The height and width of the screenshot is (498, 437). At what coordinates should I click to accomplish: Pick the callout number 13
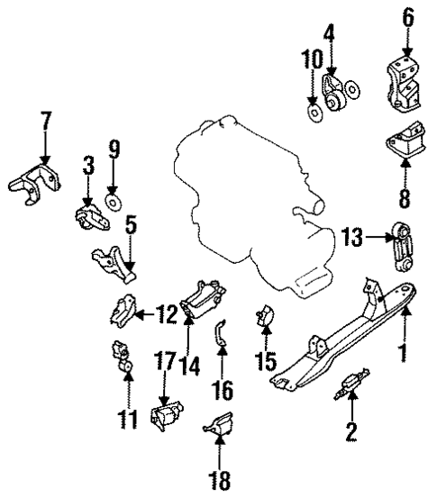(x=353, y=239)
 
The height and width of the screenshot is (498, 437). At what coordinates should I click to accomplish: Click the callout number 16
(x=223, y=390)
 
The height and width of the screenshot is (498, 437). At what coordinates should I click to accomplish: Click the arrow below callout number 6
(x=405, y=41)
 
